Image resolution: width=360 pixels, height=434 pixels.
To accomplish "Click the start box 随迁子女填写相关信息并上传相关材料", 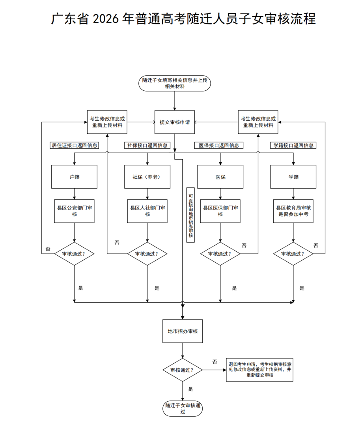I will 175,83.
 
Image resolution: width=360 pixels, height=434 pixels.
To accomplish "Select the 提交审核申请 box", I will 175,122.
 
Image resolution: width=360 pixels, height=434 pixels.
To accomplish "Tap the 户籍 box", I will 74,177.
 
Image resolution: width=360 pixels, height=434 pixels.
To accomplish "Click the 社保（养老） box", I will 147,177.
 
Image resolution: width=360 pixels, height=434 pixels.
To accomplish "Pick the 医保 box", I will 220,177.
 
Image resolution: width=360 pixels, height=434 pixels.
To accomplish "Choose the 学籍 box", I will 293,177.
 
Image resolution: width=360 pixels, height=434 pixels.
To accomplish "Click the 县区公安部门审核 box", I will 74,211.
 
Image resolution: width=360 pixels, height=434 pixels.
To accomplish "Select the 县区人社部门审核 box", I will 147,211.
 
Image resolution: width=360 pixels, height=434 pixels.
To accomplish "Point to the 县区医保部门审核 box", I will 220,211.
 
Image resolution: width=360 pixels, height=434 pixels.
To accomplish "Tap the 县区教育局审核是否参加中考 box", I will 293,211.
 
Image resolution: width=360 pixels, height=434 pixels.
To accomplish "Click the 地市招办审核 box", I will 183,331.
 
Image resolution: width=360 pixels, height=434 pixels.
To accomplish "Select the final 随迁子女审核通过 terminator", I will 183,408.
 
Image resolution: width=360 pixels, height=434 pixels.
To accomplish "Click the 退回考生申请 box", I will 259,370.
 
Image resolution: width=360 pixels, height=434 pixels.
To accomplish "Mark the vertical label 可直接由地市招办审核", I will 190,215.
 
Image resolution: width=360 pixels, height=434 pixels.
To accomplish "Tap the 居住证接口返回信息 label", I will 74,145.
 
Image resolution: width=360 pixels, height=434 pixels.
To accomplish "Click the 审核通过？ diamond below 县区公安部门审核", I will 74,254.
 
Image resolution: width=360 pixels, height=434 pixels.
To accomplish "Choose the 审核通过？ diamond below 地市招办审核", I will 183,370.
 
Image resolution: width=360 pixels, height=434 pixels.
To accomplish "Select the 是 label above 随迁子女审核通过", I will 191,389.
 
